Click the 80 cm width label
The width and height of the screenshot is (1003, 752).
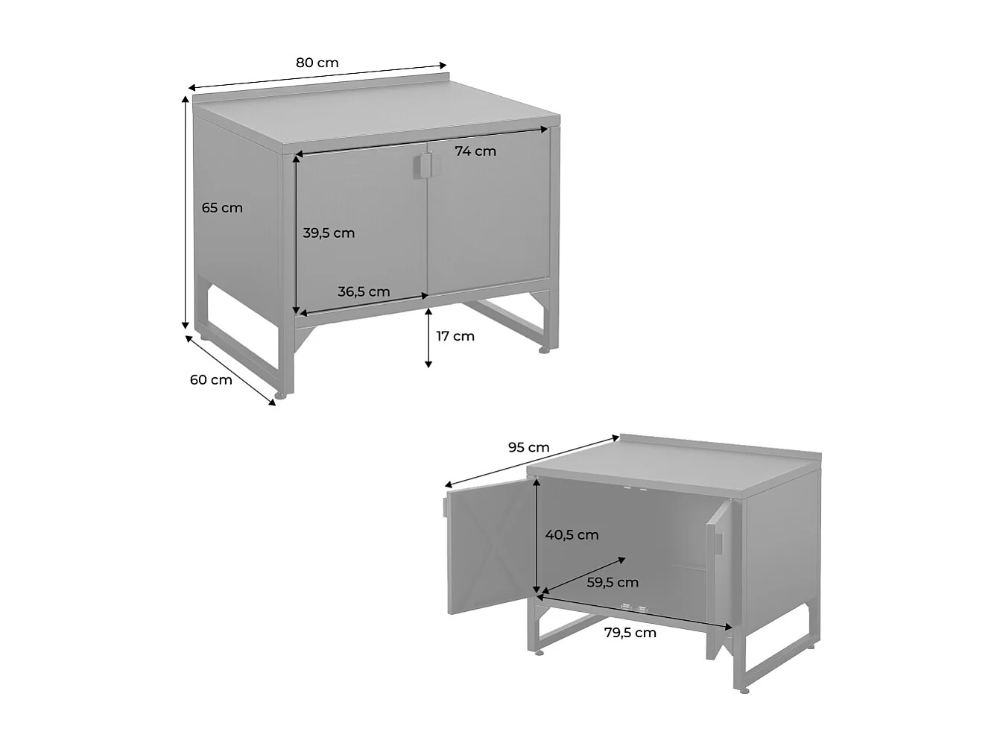317,63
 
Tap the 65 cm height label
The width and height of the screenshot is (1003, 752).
222,208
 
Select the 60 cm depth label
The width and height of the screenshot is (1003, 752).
211,379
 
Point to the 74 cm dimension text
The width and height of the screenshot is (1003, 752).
475,151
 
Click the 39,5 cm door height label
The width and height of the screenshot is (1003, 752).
329,233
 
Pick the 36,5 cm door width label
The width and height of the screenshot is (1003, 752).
364,291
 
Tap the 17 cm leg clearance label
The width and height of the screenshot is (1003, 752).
455,336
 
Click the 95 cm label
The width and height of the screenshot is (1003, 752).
528,447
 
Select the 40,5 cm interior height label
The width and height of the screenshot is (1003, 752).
572,534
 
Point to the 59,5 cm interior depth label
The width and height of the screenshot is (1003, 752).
613,582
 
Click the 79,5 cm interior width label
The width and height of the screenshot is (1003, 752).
630,633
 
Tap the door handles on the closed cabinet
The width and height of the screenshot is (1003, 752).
424,165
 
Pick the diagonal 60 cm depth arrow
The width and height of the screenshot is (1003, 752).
230,370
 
